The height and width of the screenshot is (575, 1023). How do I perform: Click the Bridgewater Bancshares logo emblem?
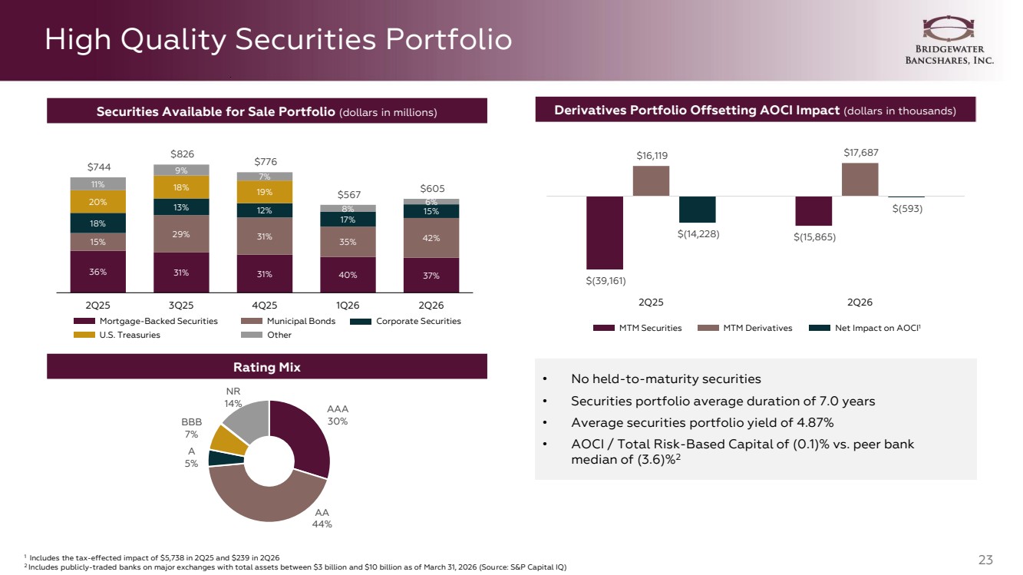point(949,28)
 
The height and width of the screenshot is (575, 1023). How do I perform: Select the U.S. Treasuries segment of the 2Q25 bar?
point(97,202)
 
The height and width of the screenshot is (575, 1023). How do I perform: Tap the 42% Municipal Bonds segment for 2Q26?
point(431,238)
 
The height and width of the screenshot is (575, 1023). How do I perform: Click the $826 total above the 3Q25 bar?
point(182,154)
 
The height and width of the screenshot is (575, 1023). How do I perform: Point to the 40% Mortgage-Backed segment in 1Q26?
point(348,275)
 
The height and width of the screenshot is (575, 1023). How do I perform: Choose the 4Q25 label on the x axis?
point(265,305)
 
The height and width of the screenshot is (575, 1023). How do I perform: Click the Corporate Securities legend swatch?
point(361,322)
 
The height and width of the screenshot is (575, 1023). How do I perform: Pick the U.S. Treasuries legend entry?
point(117,335)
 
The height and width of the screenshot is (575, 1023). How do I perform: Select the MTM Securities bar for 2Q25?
point(605,233)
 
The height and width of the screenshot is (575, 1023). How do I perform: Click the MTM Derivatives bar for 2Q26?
point(860,180)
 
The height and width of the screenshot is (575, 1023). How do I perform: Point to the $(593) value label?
point(907,209)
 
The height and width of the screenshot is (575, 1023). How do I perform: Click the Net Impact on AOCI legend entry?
point(865,328)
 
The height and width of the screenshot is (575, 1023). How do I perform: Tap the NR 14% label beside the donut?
point(233,398)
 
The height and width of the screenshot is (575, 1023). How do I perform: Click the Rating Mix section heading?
point(267,367)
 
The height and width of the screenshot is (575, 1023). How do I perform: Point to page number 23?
point(985,560)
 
